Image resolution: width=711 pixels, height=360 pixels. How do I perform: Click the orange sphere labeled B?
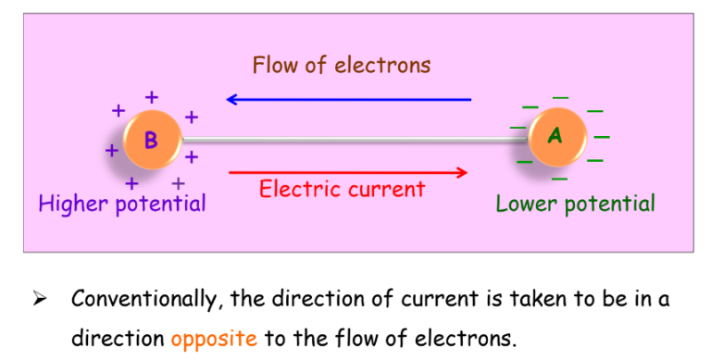151,141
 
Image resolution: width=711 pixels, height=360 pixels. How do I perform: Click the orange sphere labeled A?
555,137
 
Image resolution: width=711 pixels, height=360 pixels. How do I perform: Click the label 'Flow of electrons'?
342,65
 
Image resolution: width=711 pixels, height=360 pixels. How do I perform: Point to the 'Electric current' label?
342,190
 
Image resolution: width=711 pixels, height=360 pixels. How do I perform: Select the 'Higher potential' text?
122,203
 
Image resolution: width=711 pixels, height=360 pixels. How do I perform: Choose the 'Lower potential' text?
575,204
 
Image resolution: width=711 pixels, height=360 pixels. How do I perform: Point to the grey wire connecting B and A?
352,140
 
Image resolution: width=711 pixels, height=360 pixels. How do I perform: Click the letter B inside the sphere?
151,141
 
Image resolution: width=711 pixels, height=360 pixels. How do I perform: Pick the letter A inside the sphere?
555,136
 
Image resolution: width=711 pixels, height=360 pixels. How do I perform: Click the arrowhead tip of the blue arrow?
230,99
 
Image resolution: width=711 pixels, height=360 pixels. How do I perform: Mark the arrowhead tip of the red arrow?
465,171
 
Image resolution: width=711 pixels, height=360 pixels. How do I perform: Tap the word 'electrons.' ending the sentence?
462,337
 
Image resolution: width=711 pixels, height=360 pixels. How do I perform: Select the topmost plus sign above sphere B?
152,95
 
